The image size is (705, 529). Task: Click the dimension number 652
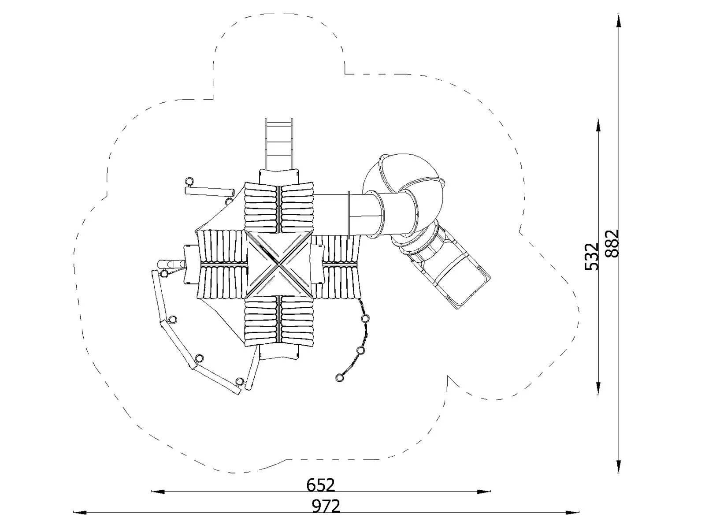[x=321, y=485]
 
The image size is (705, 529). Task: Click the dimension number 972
[x=326, y=506]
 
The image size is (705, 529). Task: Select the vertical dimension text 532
[x=591, y=256]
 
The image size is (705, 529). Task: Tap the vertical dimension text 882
[x=612, y=243]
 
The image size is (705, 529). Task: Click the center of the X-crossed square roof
[x=278, y=264]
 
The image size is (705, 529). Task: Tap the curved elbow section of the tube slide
[x=403, y=194]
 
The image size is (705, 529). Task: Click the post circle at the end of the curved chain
[x=339, y=377]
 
